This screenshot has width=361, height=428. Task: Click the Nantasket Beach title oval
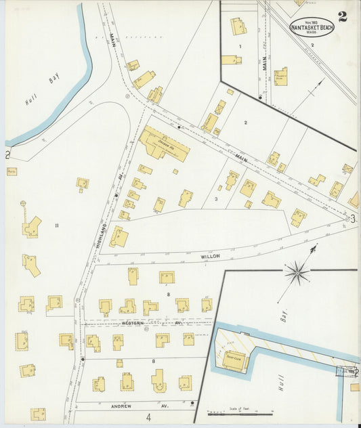pos(312,27)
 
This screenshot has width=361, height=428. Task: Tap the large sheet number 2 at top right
pos(343,17)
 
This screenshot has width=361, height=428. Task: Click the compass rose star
pos(297,273)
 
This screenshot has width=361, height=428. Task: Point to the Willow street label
pos(211,257)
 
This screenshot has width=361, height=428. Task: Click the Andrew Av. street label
pos(126,407)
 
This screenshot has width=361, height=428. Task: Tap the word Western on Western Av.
pos(133,324)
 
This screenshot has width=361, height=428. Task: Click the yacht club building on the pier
pos(234,360)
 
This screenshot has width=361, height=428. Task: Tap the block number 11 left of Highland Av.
pos(58,225)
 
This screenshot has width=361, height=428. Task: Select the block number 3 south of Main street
pos(215,199)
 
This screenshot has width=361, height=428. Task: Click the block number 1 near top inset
pos(240,46)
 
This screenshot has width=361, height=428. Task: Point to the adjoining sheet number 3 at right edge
pos(353,218)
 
